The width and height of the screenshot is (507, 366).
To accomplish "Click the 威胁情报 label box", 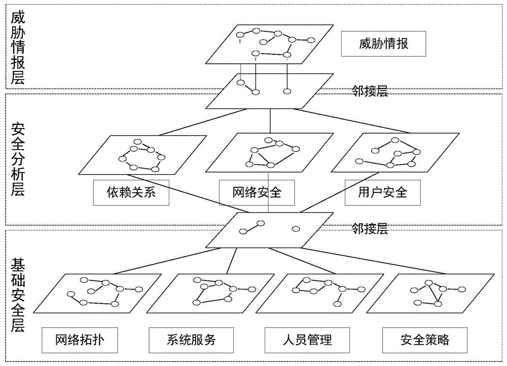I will coord(383,44).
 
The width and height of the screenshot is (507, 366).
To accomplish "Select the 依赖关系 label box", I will coord(131,192).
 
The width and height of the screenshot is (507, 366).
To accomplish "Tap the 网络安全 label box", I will coord(257,192).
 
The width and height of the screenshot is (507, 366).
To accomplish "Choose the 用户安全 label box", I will coord(382,192).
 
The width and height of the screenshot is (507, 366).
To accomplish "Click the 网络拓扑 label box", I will coord(80,339).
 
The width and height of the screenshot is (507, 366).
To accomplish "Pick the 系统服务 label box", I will coord(191,339).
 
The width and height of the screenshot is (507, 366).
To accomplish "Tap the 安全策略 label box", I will coord(424,339).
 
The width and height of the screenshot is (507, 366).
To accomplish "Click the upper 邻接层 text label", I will coord(370,91).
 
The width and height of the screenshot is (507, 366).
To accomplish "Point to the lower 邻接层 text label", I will coord(370,229).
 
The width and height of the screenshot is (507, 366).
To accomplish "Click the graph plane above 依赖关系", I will coord(142,155).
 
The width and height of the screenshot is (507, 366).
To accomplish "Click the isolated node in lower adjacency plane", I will coord(296,229).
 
